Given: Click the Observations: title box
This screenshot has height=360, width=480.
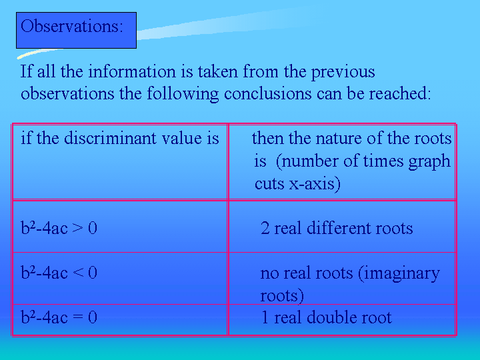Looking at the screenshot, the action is (76, 30).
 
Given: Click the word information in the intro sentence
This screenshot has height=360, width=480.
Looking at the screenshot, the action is (132, 71).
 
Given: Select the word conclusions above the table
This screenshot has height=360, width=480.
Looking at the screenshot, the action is (268, 93).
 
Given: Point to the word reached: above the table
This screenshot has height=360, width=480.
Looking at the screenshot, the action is (399, 93).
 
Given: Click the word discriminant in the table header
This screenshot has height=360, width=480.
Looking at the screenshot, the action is (111, 138).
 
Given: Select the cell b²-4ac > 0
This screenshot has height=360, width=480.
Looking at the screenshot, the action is (120, 227).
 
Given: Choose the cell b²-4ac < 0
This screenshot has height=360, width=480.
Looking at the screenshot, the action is (120, 278).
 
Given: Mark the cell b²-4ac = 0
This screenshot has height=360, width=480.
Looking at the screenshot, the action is (120, 319).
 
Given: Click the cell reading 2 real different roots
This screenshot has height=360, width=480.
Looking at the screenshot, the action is (342, 227).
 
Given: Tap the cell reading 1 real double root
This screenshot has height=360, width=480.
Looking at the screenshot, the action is (342, 319).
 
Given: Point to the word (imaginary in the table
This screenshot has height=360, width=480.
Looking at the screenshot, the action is (399, 274).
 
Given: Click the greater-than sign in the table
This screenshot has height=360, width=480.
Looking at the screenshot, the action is (77, 228).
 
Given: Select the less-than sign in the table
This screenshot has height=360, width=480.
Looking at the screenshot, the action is (77, 273).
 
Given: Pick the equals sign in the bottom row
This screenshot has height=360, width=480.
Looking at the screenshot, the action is (77, 317).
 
